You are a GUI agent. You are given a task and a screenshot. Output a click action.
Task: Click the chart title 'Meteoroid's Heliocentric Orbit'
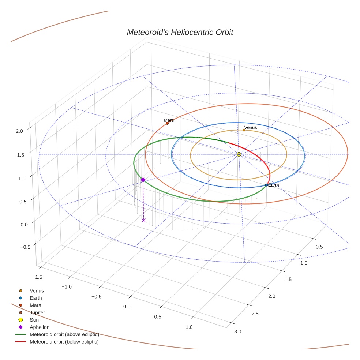180,32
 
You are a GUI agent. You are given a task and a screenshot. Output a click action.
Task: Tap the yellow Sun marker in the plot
239,154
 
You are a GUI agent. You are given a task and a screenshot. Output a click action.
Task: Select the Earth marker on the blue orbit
266,185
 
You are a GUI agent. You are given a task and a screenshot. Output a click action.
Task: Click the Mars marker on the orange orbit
167,123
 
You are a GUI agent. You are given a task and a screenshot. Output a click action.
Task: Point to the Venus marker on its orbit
244,130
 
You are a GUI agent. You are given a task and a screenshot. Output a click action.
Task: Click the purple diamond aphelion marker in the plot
143,180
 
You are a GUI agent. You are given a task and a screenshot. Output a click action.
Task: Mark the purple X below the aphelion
143,220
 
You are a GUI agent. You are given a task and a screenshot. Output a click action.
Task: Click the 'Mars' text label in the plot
169,120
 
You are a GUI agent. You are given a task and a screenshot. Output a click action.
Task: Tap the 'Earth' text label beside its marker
274,185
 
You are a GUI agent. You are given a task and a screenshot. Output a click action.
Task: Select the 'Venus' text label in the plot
251,127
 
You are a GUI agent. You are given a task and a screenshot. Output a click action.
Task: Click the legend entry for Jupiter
37,312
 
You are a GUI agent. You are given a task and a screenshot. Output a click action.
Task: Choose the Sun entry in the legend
34,320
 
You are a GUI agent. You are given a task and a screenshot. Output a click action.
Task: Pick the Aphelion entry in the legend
39,327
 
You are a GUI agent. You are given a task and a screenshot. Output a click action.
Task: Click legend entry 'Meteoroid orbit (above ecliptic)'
64,334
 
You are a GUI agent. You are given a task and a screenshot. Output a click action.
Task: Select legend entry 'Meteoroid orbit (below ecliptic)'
64,342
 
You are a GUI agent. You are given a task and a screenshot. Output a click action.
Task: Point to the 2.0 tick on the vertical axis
20,130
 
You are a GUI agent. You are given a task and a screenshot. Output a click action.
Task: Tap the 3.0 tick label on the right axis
237,331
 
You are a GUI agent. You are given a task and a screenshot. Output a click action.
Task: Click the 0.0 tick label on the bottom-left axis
127,306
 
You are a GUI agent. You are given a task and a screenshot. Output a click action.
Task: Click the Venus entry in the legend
37,291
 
